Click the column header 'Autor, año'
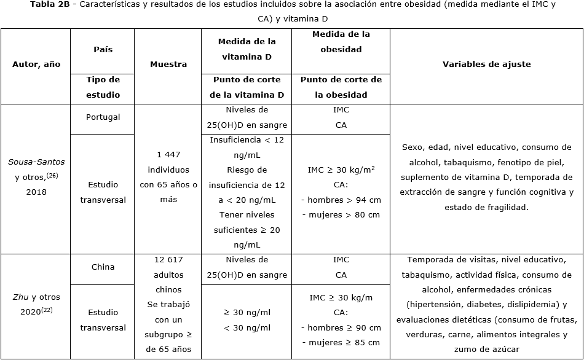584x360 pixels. point(36,65)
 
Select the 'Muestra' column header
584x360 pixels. point(168,65)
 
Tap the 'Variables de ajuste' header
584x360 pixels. point(486,65)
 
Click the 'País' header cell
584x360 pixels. point(103,49)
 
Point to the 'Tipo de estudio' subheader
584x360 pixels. point(103,87)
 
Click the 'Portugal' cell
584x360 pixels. point(103,117)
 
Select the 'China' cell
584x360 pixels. point(103,267)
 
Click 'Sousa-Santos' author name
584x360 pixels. point(36,162)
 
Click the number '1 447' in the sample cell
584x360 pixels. point(168,155)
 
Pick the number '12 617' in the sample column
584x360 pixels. point(168,260)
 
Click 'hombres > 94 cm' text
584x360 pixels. point(341,200)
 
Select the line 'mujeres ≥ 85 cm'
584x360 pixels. point(341,342)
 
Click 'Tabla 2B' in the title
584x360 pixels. point(51,5)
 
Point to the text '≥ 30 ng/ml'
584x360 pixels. point(247,312)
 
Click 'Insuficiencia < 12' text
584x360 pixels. point(247,140)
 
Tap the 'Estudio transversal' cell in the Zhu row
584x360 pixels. point(103,319)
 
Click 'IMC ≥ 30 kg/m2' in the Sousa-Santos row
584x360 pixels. point(341,170)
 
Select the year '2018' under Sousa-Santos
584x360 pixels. point(36,192)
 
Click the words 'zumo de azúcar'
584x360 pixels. point(486,350)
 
